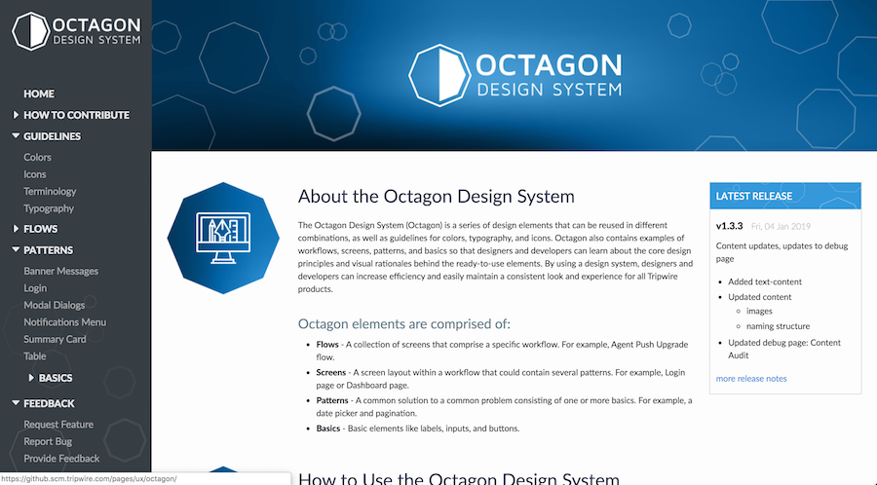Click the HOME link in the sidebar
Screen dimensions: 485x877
point(39,93)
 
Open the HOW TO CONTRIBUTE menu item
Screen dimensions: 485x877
point(76,115)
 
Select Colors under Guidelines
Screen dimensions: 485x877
point(38,157)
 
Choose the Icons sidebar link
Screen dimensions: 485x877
point(35,174)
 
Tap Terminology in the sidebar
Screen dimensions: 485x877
point(50,192)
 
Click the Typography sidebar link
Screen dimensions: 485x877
point(49,208)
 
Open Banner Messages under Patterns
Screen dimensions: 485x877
point(60,271)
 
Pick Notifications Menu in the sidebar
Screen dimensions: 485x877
point(65,322)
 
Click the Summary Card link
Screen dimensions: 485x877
point(55,339)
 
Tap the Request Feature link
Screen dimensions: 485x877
point(58,425)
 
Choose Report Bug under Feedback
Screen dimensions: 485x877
point(49,441)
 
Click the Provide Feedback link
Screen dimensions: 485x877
point(61,459)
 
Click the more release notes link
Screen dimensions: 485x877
point(751,378)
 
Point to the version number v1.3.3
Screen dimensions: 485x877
point(730,226)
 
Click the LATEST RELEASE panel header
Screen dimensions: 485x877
point(785,196)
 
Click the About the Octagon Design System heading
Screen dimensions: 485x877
point(436,197)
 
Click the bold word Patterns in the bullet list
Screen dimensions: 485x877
point(332,400)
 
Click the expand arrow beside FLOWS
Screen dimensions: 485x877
point(17,229)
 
